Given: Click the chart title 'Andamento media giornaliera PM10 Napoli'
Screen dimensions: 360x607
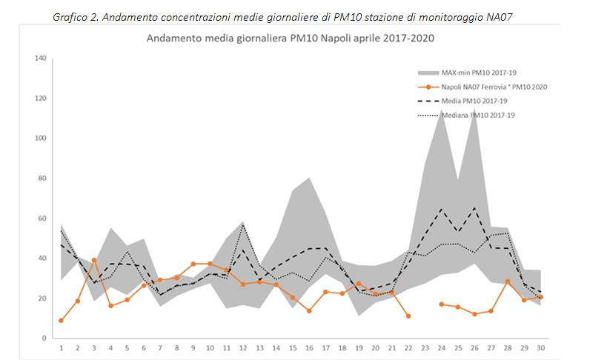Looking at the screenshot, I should pos(290,39).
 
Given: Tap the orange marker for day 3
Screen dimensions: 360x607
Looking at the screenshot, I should pos(94,261).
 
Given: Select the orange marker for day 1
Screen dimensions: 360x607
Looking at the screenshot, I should pos(61,321).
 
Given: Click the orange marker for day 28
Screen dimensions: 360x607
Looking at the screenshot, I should pos(508,281).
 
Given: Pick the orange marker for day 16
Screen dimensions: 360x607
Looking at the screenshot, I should pos(309,311).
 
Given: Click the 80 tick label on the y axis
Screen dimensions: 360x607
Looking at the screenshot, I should pos(42,179).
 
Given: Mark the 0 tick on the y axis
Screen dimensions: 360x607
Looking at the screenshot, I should pos(44,338).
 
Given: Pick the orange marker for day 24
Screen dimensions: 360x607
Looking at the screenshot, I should pos(442,304).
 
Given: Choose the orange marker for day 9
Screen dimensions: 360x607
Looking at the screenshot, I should pos(193,264).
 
